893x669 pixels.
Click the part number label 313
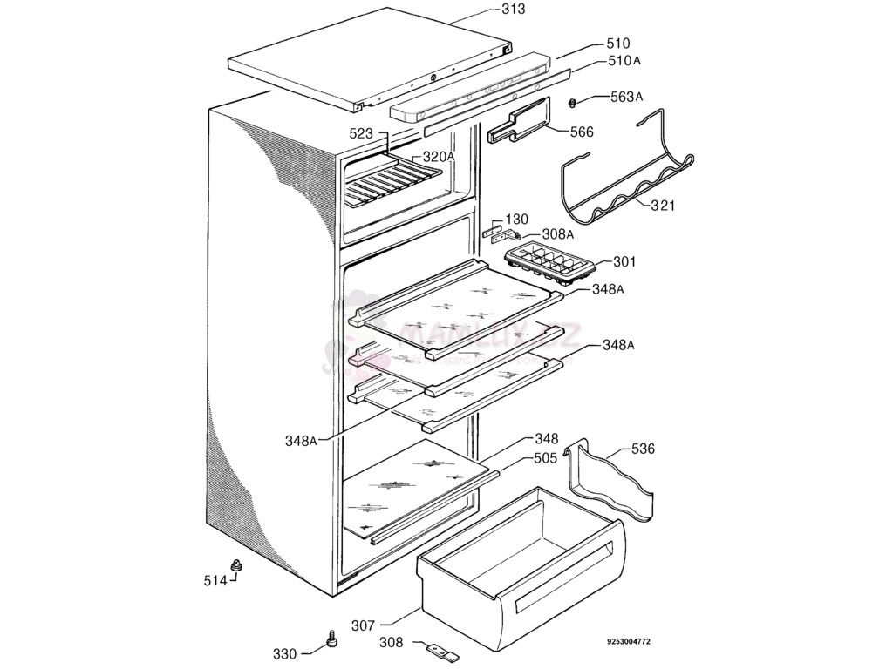513,10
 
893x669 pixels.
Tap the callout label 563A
625,97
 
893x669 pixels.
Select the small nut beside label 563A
573,104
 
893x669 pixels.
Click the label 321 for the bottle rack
662,206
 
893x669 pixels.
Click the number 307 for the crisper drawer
365,625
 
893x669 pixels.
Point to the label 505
546,458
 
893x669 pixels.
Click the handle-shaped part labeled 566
518,123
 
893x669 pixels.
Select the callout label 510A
624,61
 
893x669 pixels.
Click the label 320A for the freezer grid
439,157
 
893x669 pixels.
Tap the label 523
361,134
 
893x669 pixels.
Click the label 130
517,219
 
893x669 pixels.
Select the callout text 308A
557,234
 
